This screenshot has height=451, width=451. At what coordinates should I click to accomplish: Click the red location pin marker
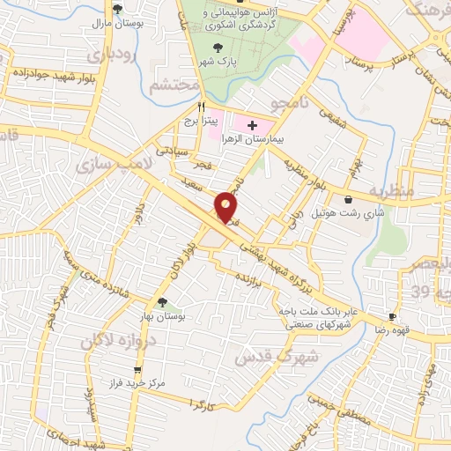227,207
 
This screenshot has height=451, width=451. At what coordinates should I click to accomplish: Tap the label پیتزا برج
202,119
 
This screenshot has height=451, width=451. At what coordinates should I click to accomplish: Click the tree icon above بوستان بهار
162,302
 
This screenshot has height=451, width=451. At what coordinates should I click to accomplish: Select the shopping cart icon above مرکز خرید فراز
137,370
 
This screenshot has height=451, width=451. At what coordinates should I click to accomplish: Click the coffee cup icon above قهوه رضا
392,316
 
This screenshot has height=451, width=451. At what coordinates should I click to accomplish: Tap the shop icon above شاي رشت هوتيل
351,199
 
